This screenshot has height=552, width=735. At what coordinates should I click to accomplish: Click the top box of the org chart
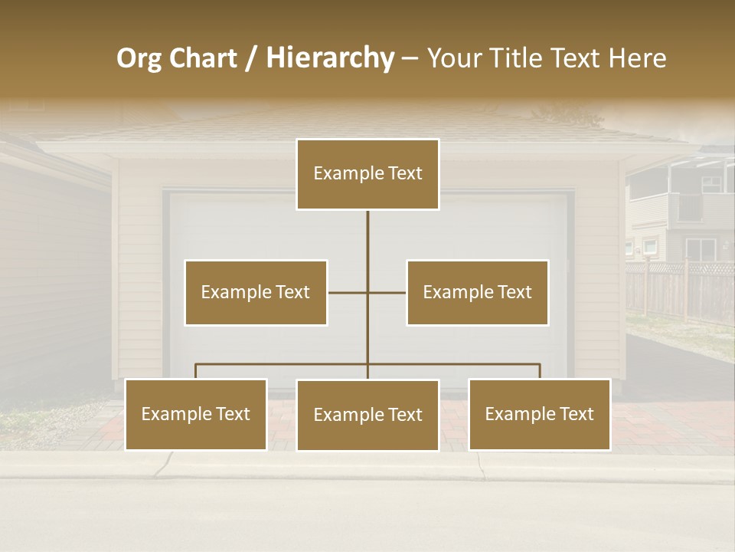click(367, 174)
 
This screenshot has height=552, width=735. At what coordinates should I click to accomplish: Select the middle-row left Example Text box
click(256, 292)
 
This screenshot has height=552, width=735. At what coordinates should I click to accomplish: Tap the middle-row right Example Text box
click(477, 292)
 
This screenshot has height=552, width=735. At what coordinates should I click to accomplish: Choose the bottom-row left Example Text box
click(196, 415)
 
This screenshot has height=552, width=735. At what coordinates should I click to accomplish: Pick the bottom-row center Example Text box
click(367, 416)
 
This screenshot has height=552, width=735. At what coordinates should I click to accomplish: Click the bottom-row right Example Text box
click(539, 415)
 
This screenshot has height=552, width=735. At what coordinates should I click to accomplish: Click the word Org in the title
click(139, 59)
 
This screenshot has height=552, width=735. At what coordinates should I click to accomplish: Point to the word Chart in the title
click(203, 58)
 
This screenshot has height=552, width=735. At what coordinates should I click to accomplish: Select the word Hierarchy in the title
click(330, 58)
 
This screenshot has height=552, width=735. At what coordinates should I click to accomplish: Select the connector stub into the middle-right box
click(387, 292)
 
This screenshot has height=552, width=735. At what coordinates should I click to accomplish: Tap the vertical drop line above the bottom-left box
click(196, 371)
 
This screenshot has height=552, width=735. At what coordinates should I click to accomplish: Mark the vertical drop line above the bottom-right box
click(540, 371)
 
